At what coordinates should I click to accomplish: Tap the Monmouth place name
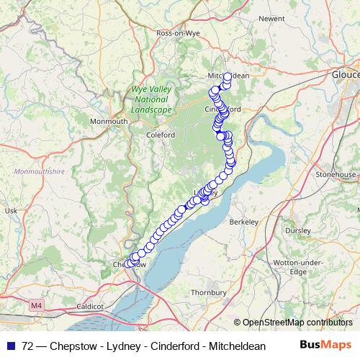(109, 122)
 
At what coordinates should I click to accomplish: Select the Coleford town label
(161, 135)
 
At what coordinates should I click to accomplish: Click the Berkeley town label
(243, 223)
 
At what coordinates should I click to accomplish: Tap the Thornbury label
(208, 292)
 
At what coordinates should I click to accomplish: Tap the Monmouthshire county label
(39, 172)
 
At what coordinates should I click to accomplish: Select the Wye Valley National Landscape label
(151, 100)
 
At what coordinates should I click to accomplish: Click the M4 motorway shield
(37, 306)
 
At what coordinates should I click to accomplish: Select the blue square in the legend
(9, 345)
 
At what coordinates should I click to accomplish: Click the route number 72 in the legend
(28, 345)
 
